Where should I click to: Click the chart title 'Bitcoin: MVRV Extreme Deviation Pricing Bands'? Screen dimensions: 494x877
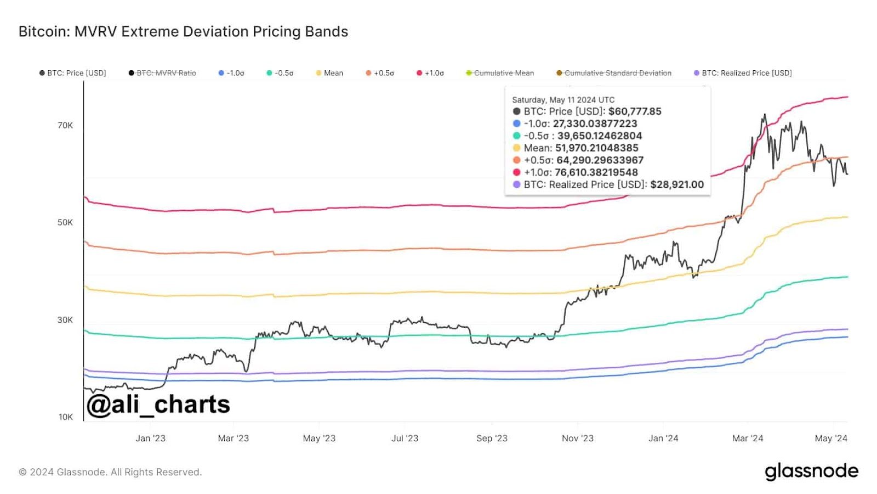point(183,32)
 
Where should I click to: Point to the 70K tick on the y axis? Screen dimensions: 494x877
point(65,126)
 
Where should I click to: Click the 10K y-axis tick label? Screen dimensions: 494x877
point(66,417)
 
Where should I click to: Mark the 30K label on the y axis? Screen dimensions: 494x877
point(65,320)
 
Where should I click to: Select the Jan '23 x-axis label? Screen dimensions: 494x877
point(151,438)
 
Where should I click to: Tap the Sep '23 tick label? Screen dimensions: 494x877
point(492,438)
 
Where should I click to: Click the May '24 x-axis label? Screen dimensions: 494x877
point(831,438)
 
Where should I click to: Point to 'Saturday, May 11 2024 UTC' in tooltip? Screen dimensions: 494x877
point(563,100)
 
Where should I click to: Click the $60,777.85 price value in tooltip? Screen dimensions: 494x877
point(635,111)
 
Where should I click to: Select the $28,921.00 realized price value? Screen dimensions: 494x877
point(677,184)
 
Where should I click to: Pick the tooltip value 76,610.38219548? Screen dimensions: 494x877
point(596,172)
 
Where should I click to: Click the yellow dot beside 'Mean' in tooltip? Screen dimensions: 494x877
point(516,148)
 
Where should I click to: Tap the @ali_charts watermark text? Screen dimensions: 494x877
point(158,405)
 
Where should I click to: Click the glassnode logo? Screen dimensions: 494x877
point(811,471)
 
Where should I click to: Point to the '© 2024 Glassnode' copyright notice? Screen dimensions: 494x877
point(110,472)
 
